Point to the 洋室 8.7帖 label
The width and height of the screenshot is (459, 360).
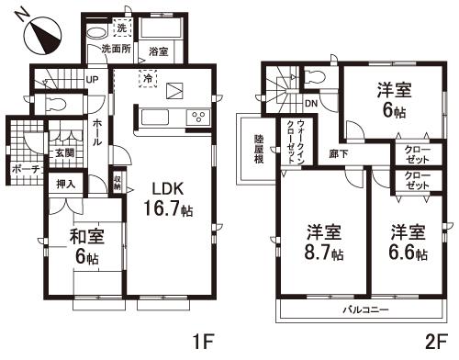click(x=325, y=242)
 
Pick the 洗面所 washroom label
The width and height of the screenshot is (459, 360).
click(x=118, y=48)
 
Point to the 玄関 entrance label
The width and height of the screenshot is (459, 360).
click(x=63, y=153)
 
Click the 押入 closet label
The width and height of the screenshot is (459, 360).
click(x=65, y=186)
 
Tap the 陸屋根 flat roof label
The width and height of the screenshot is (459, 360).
click(x=260, y=148)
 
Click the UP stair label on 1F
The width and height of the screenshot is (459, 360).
click(x=93, y=80)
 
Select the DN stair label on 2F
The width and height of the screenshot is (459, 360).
click(x=311, y=104)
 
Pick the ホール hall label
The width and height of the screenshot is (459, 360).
click(x=96, y=135)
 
